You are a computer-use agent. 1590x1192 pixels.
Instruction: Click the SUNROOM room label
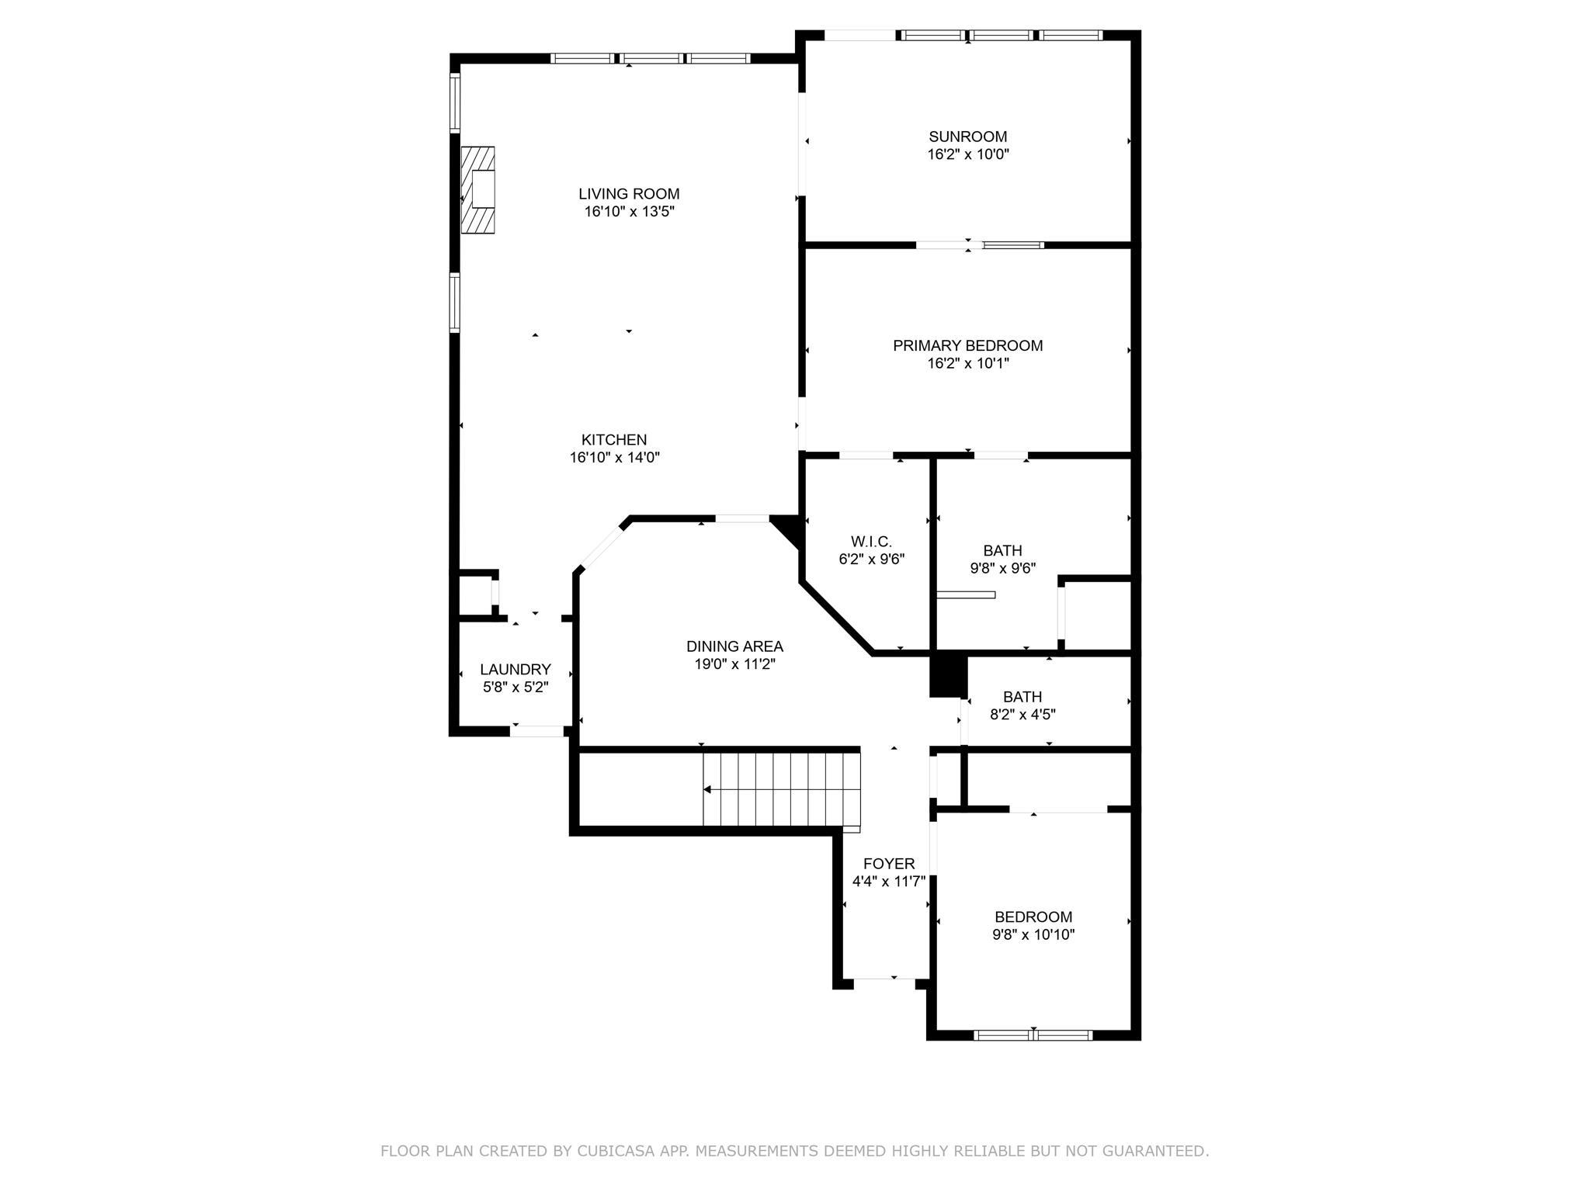pyautogui.click(x=968, y=137)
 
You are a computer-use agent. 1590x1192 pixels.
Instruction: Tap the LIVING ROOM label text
pyautogui.click(x=629, y=194)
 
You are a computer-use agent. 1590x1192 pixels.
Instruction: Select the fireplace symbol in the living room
pyautogui.click(x=478, y=189)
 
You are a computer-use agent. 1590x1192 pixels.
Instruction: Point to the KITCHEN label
pyautogui.click(x=614, y=440)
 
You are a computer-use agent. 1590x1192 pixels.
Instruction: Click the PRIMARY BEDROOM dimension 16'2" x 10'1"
pyautogui.click(x=968, y=363)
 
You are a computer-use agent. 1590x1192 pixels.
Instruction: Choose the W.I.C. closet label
pyautogui.click(x=872, y=542)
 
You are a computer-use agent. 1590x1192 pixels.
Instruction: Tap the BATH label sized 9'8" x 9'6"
pyautogui.click(x=1002, y=551)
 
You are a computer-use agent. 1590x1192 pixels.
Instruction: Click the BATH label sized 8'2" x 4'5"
pyautogui.click(x=1022, y=697)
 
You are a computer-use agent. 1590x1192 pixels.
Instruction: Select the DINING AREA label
pyautogui.click(x=734, y=646)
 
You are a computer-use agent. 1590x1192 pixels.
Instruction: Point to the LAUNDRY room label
pyautogui.click(x=516, y=670)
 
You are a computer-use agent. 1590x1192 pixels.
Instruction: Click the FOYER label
pyautogui.click(x=889, y=864)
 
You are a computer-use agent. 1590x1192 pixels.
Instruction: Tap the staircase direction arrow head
pyautogui.click(x=707, y=790)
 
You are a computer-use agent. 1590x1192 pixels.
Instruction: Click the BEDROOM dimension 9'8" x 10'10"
pyautogui.click(x=1033, y=934)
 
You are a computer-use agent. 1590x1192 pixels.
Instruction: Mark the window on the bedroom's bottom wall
pyautogui.click(x=1033, y=1034)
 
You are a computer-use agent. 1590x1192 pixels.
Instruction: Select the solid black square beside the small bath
pyautogui.click(x=948, y=675)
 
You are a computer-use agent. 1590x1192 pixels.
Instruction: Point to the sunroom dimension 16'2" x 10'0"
pyautogui.click(x=968, y=154)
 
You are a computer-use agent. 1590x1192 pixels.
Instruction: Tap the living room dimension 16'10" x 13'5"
pyautogui.click(x=629, y=211)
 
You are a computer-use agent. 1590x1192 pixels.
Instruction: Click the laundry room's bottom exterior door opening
pyautogui.click(x=536, y=731)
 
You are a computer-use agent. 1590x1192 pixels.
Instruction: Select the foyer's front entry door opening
pyautogui.click(x=884, y=983)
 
